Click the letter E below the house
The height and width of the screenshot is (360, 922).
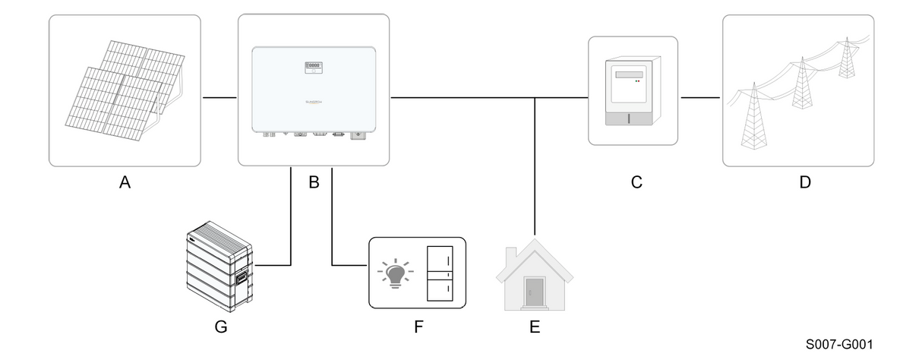(535, 327)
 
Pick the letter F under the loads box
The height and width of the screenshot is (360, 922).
(416, 327)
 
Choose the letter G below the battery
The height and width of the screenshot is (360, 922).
(221, 327)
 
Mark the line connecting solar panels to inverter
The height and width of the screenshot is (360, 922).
(219, 97)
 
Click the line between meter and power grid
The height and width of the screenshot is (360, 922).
(699, 97)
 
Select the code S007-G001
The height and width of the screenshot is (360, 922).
(840, 344)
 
